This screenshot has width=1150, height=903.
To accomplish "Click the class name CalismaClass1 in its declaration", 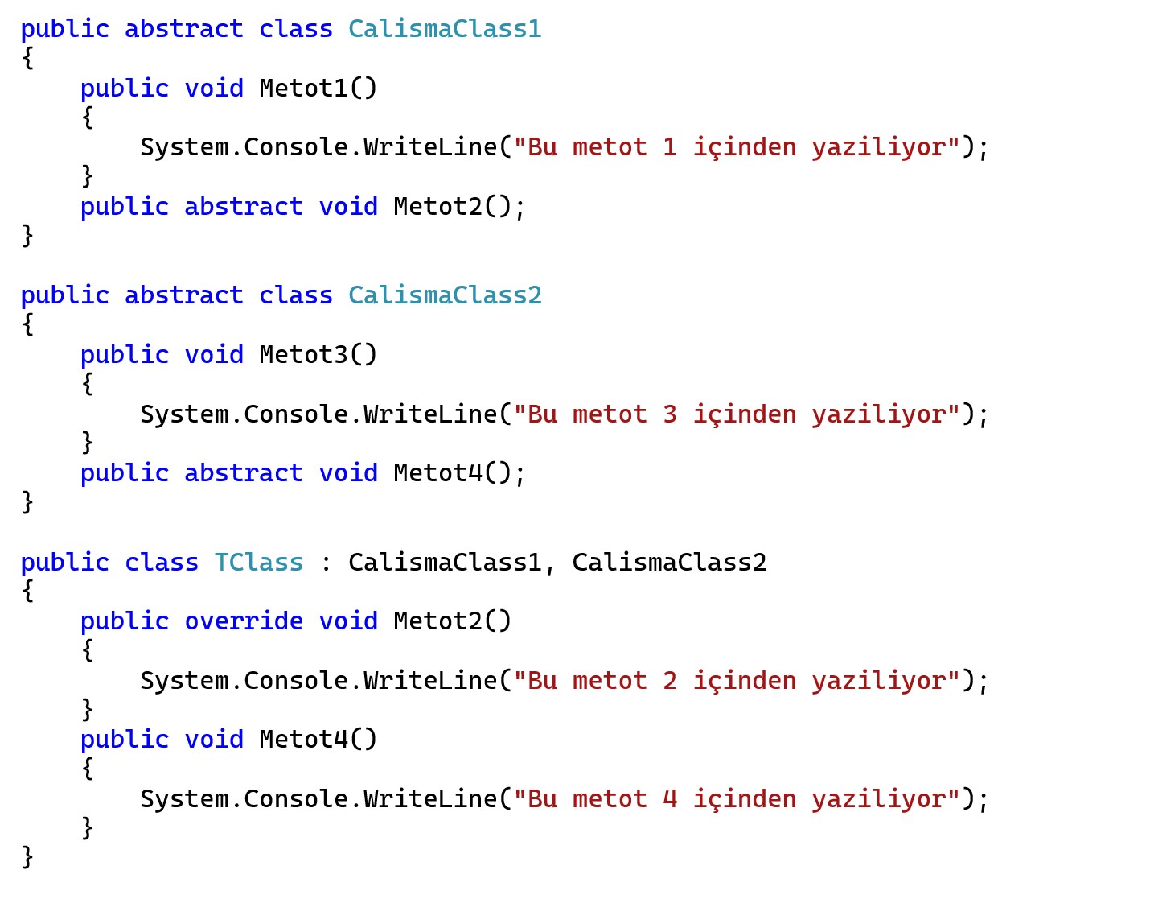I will tap(445, 29).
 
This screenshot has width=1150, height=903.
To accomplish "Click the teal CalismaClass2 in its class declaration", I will tap(445, 295).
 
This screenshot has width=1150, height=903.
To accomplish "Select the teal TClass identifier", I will tap(259, 562).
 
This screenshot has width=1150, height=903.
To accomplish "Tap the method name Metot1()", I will tap(318, 88).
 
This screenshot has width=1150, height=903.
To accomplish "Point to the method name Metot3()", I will tap(318, 354).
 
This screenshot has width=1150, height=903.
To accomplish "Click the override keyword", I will tap(244, 621).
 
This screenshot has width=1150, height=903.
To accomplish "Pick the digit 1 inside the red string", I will tap(670, 147).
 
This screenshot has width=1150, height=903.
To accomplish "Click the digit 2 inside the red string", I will tap(670, 680).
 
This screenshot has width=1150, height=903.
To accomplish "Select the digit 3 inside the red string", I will tap(670, 414).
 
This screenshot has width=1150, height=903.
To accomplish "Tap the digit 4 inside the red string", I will tap(670, 798).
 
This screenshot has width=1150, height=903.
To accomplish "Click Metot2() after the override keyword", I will tap(452, 621).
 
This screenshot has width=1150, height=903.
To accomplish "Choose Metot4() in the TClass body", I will tap(318, 739).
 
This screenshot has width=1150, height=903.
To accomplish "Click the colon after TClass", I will tap(326, 563).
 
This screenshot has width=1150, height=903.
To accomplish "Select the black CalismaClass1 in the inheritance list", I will tap(445, 562).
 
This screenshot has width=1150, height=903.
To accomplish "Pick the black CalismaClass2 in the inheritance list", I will tap(669, 562).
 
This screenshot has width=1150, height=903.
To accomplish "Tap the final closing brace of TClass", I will tap(27, 856).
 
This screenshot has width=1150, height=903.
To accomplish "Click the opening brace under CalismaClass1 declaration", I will tap(27, 58).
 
